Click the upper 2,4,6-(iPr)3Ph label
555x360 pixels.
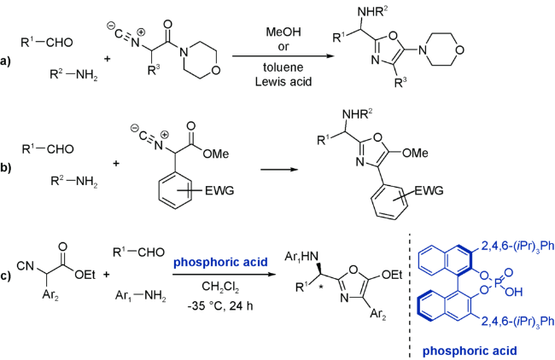505,248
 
